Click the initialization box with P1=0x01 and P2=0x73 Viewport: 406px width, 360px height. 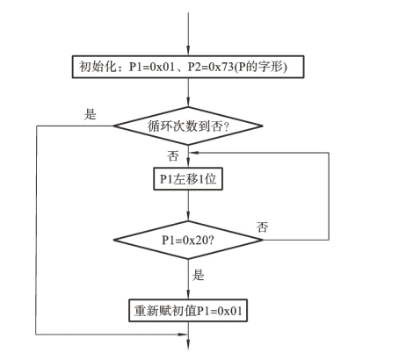tap(188, 67)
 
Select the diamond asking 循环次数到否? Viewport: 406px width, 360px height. tap(188, 126)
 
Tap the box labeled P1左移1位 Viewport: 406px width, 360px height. tap(188, 179)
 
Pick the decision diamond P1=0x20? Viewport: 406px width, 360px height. tap(188, 240)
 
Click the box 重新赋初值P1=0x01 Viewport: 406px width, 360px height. tap(188, 310)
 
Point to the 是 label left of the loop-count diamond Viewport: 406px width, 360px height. tap(90, 114)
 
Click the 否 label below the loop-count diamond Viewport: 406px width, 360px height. tap(173, 156)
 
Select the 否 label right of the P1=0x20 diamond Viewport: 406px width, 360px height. tap(262, 227)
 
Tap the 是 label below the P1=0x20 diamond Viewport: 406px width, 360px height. tap(198, 275)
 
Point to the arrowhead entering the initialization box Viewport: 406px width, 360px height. tap(188, 51)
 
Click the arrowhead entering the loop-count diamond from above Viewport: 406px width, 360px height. tap(188, 102)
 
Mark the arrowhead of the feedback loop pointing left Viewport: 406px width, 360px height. tap(194, 153)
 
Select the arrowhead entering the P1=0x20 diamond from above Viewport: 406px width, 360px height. tap(188, 216)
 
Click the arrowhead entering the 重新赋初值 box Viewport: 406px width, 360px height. tap(188, 294)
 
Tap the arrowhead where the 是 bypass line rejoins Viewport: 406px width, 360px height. tap(183, 335)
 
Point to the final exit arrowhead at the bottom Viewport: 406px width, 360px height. tap(188, 345)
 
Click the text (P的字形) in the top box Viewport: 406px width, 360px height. tap(261, 67)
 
